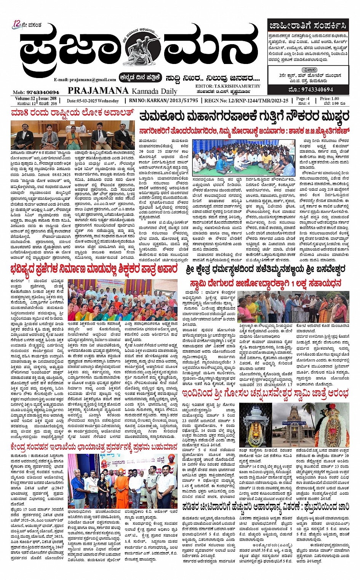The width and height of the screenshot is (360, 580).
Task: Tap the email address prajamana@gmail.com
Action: [85, 80]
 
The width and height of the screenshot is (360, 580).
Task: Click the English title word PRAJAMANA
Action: [98, 91]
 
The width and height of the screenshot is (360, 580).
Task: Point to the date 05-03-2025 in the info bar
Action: [93, 101]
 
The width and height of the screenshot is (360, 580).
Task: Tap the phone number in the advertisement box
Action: [311, 89]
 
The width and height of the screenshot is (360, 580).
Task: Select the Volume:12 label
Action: [22, 99]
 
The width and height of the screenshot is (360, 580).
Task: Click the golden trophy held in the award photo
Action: [108, 486]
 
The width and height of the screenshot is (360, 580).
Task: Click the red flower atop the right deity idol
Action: [332, 409]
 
